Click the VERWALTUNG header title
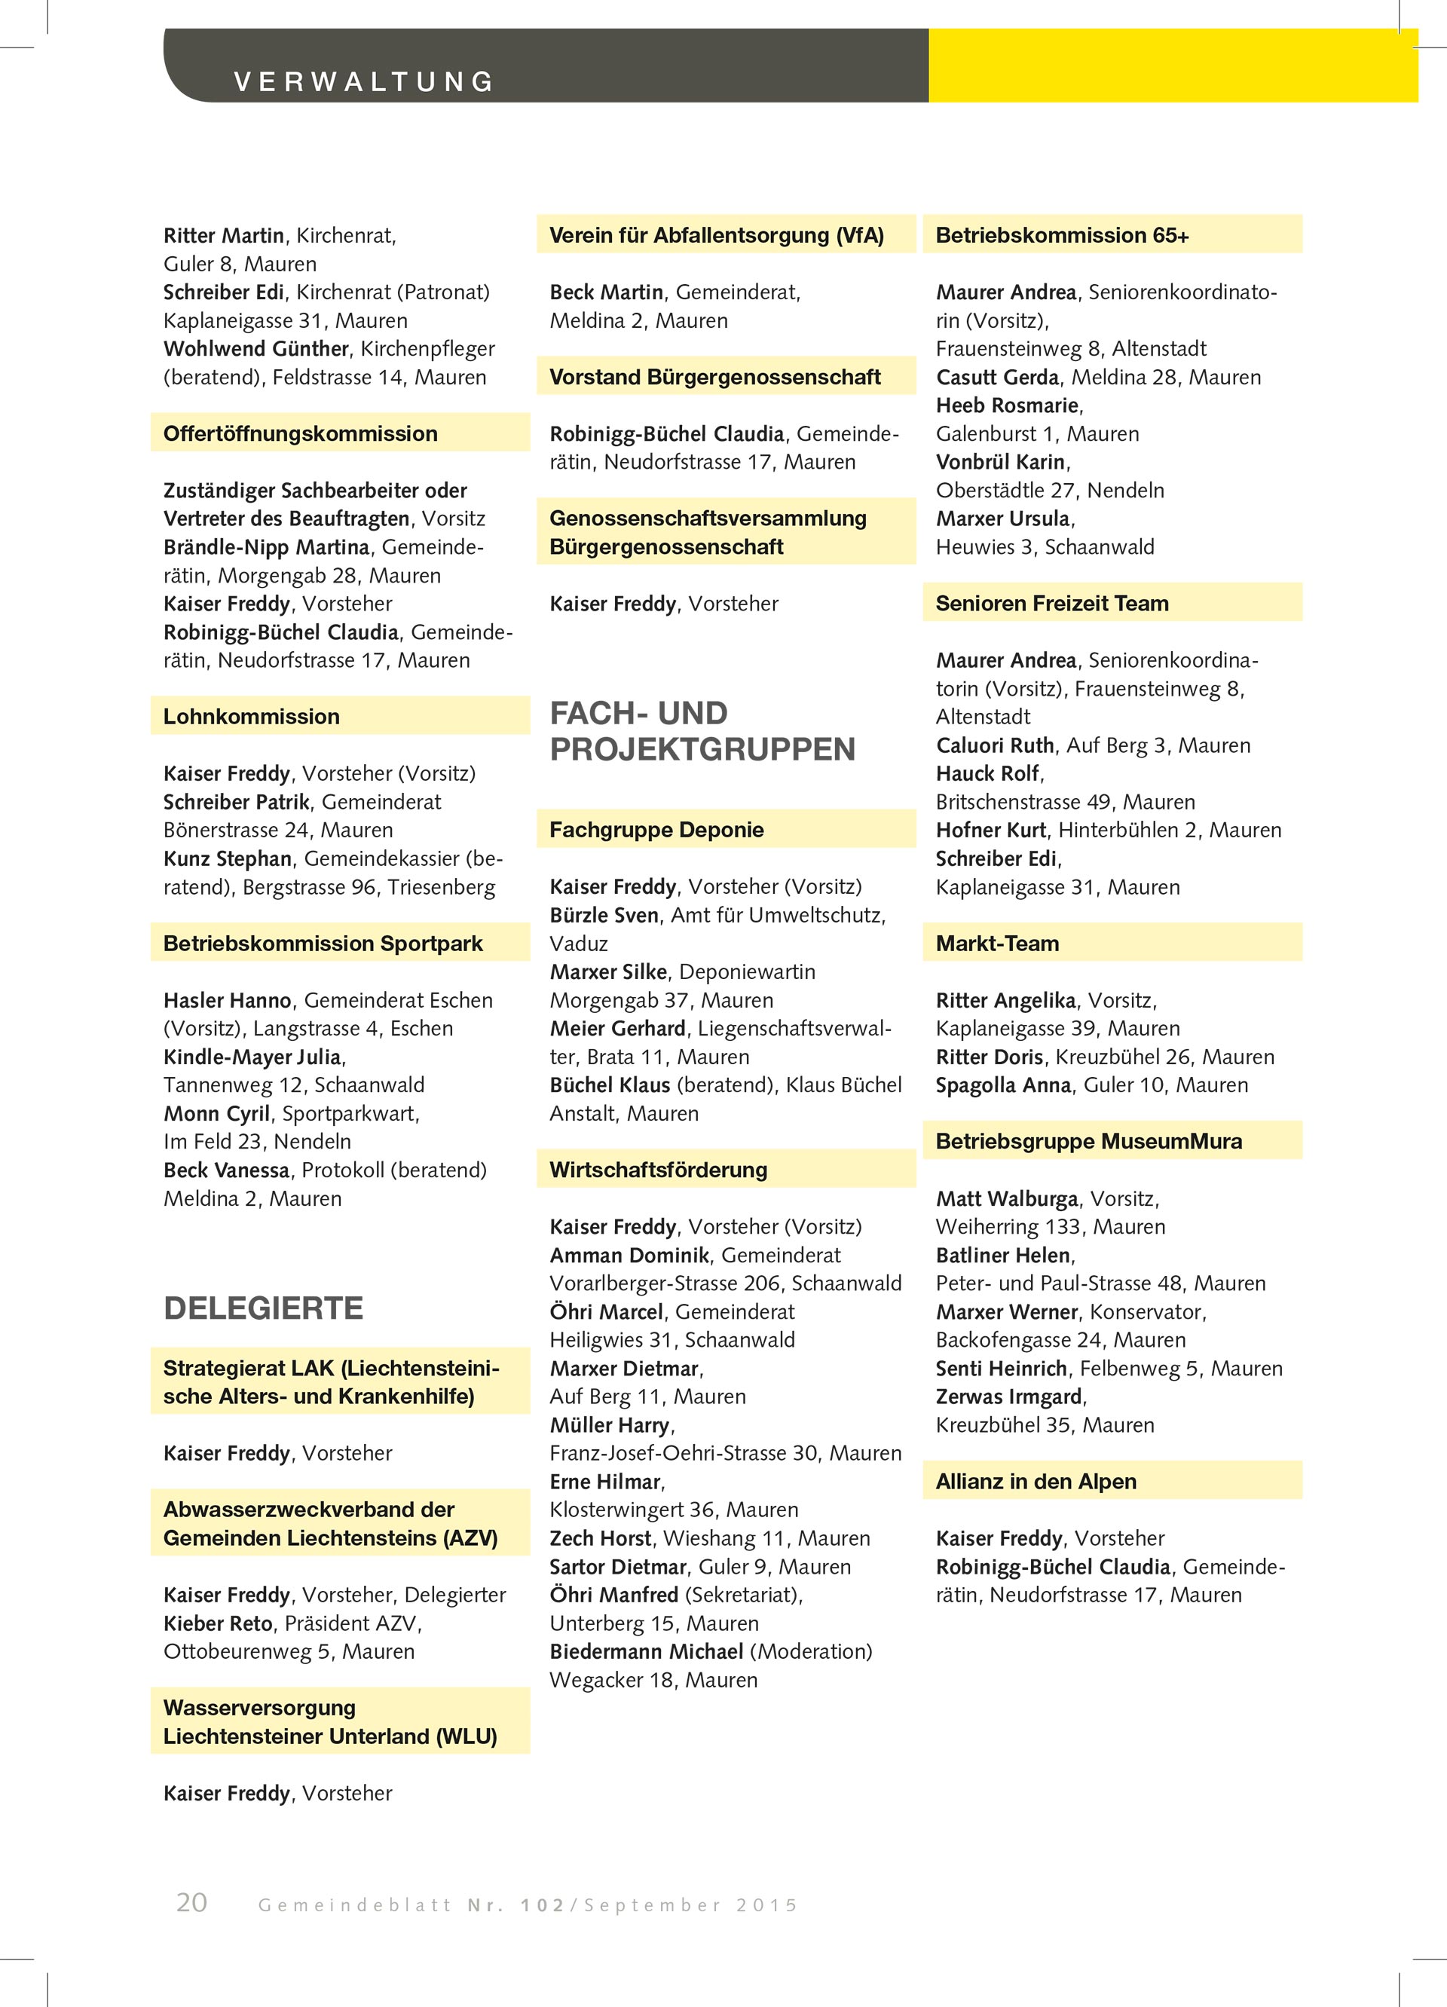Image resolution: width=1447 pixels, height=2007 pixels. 364,81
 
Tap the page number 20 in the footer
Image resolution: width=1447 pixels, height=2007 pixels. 191,1901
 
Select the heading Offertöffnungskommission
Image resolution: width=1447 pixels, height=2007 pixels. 300,433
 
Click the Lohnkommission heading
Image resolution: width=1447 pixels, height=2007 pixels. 252,717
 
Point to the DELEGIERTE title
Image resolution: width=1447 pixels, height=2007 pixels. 264,1308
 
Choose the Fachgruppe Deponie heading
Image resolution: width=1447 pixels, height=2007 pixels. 656,830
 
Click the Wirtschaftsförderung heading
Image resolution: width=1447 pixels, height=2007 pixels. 658,1170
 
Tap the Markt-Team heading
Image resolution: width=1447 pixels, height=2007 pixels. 997,944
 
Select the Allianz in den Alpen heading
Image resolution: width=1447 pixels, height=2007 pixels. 1036,1482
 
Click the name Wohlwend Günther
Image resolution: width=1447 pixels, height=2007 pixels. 255,349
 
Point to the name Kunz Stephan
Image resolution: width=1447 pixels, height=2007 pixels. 228,858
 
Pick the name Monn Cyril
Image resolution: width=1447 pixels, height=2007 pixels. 216,1113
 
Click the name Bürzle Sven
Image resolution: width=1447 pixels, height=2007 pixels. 604,915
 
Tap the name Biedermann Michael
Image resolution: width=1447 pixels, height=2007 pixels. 646,1651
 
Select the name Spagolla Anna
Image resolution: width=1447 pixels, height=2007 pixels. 1002,1085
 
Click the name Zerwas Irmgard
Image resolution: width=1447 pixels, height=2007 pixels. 1009,1397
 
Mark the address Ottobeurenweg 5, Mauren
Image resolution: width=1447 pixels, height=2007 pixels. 289,1651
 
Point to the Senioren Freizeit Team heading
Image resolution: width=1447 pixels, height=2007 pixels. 1051,604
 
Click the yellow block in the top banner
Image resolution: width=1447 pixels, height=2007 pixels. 1173,66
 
